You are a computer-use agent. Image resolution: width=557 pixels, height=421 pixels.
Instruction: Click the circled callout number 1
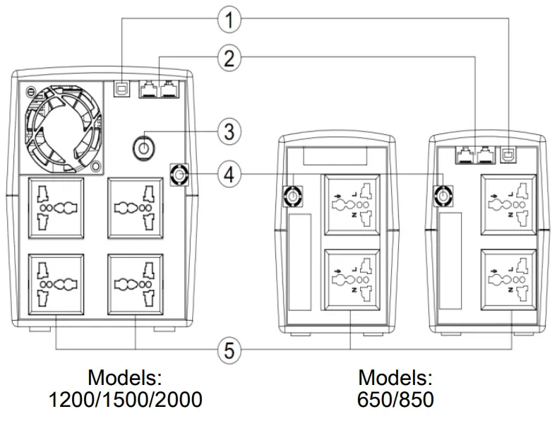[x=228, y=20]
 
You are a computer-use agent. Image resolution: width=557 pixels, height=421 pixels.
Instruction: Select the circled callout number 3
[x=228, y=131]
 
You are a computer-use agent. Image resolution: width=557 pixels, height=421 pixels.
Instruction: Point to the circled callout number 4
[x=228, y=174]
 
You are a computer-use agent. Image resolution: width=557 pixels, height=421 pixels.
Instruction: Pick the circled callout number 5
[x=228, y=349]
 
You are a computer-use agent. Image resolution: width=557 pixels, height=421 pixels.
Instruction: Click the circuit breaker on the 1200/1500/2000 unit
[x=179, y=174]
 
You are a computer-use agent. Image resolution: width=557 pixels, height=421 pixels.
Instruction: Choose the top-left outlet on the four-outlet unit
[x=54, y=209]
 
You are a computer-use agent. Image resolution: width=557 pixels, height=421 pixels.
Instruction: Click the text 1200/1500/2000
[x=125, y=399]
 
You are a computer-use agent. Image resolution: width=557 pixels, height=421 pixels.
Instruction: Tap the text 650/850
[x=395, y=399]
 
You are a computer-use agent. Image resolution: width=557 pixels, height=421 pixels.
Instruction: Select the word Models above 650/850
[x=395, y=375]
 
